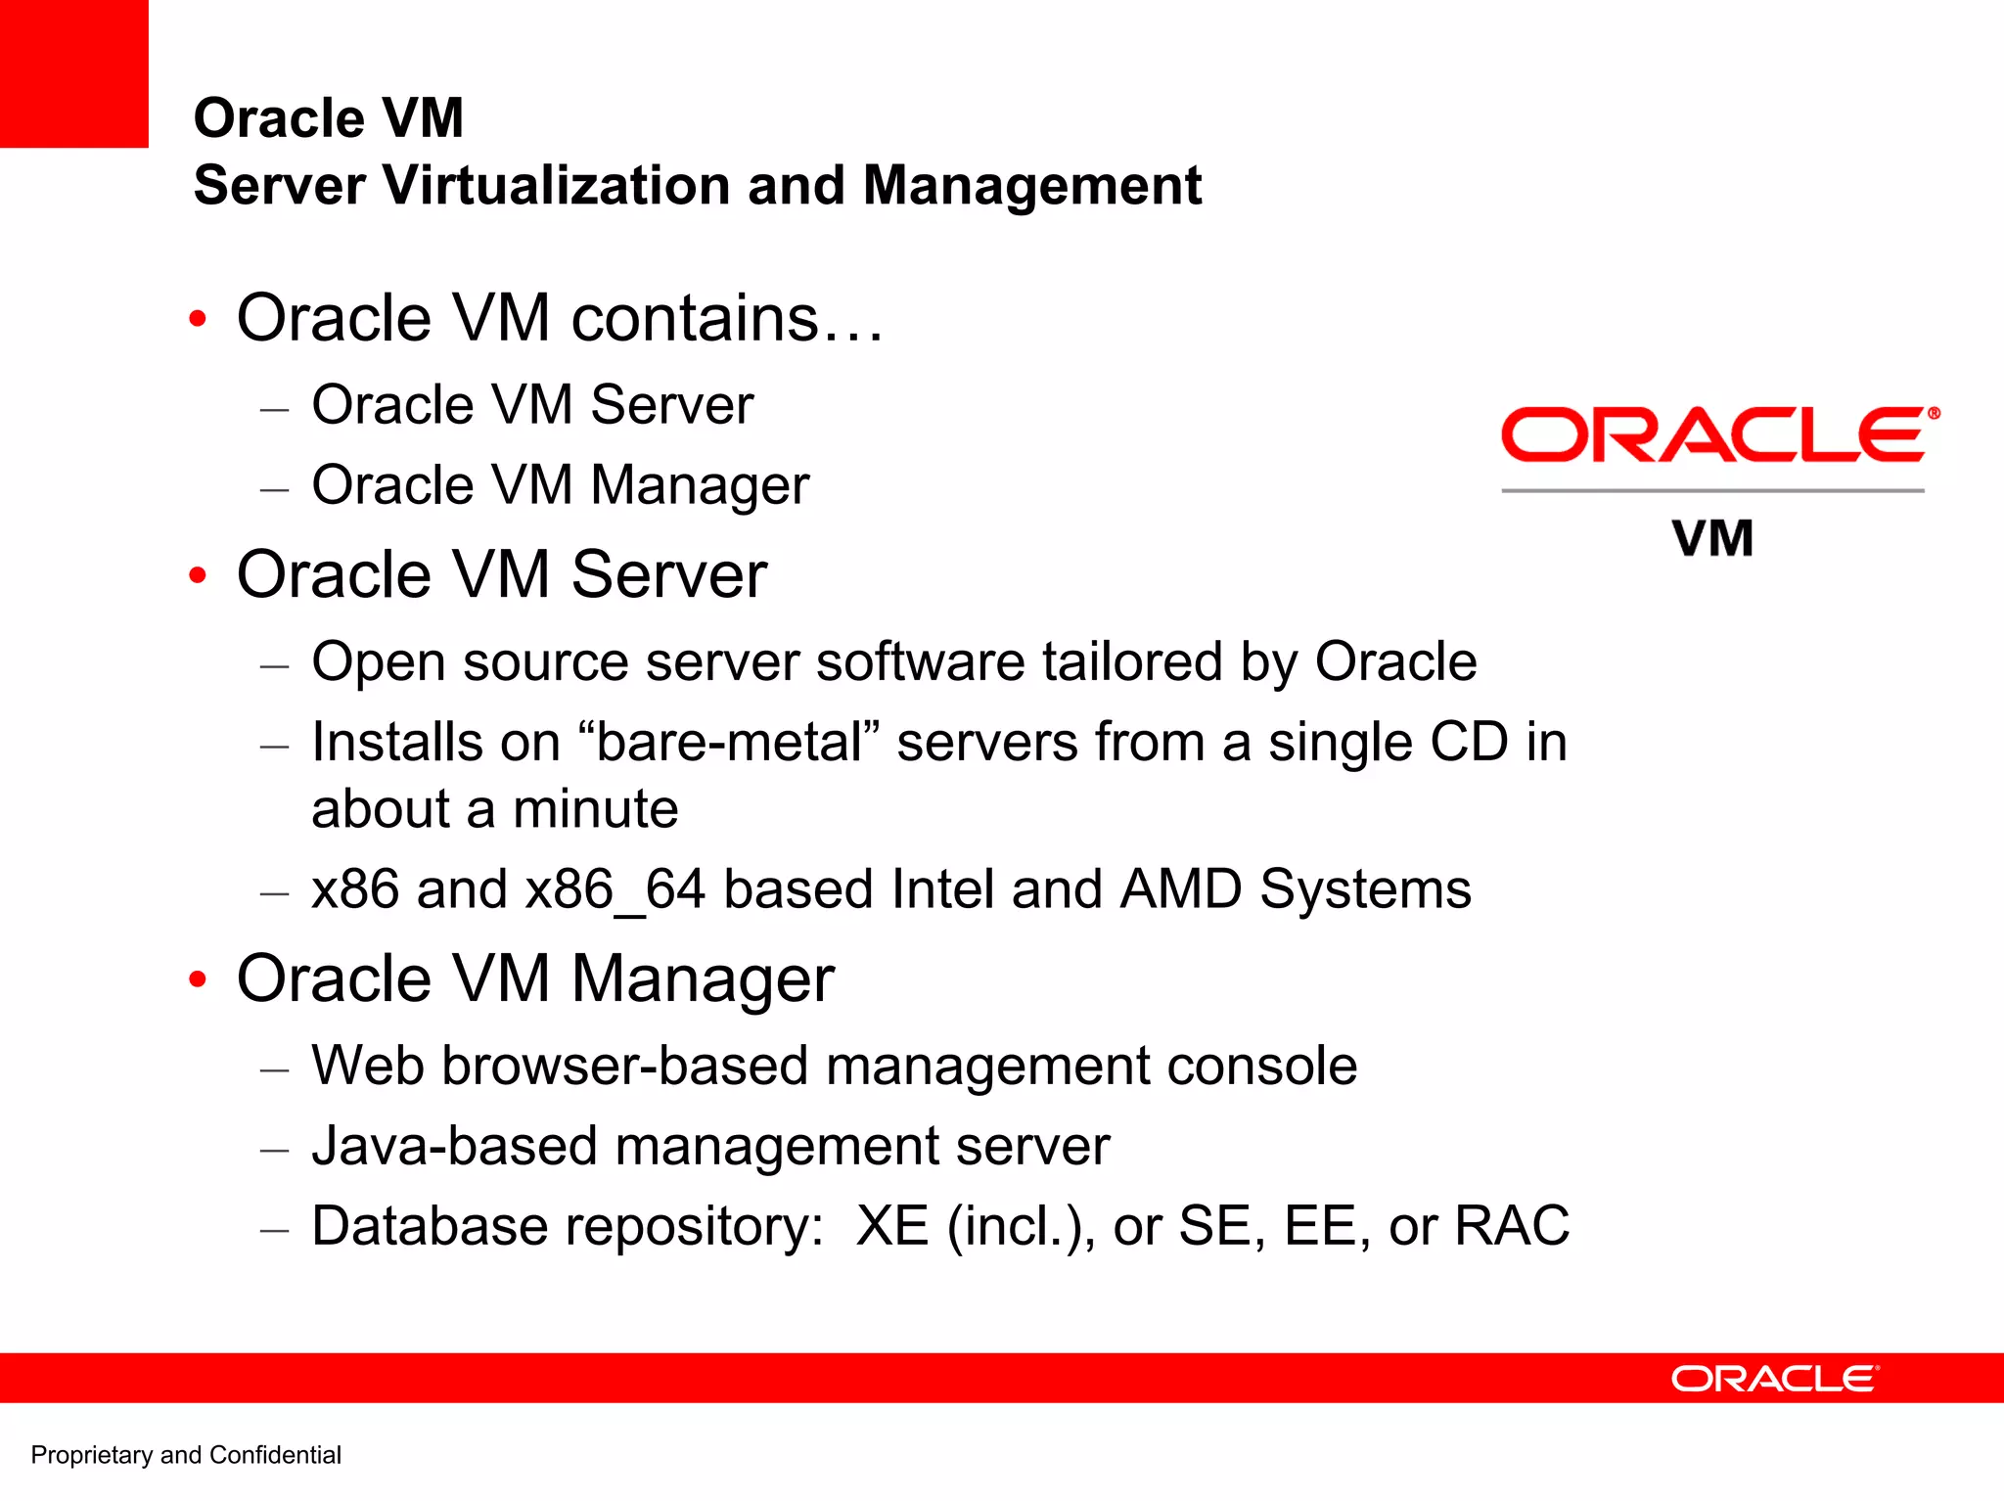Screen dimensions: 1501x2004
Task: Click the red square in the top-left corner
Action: tap(73, 73)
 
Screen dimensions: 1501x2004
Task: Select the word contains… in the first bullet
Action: tap(727, 318)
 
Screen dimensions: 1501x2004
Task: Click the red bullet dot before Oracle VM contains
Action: tap(198, 319)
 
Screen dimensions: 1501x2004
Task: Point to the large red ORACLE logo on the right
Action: tap(1718, 435)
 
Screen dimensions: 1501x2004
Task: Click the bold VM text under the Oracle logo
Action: tap(1712, 539)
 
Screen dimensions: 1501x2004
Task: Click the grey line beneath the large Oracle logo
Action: tap(1712, 490)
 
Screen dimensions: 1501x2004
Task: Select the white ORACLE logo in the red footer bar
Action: tap(1774, 1379)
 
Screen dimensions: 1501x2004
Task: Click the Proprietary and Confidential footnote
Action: tap(186, 1455)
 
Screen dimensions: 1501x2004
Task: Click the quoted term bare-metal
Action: tap(729, 742)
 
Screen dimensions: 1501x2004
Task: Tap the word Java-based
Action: tap(453, 1146)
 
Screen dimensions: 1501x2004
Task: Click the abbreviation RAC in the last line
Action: tap(1512, 1225)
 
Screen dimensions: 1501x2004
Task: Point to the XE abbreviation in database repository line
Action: tap(891, 1225)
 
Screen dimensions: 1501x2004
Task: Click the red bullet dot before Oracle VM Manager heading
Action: tap(198, 978)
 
